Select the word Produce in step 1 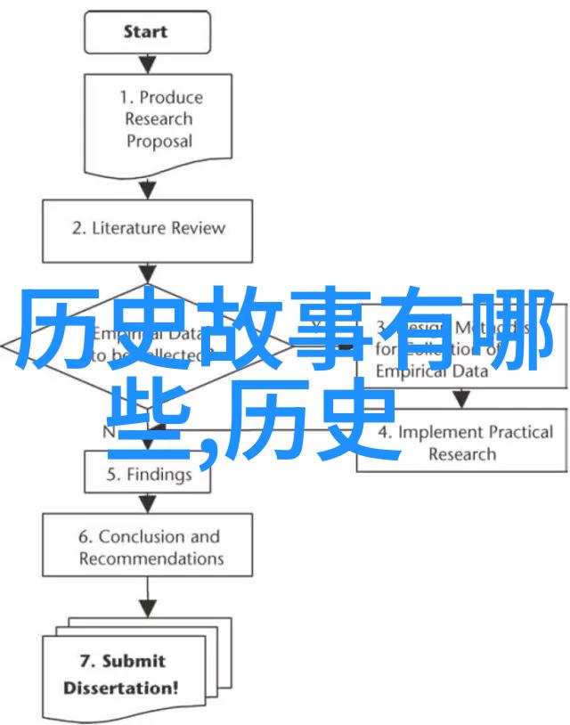click(171, 97)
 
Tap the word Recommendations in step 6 click(151, 558)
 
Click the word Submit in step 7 click(134, 662)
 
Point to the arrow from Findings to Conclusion click(148, 503)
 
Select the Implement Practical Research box click(461, 443)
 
